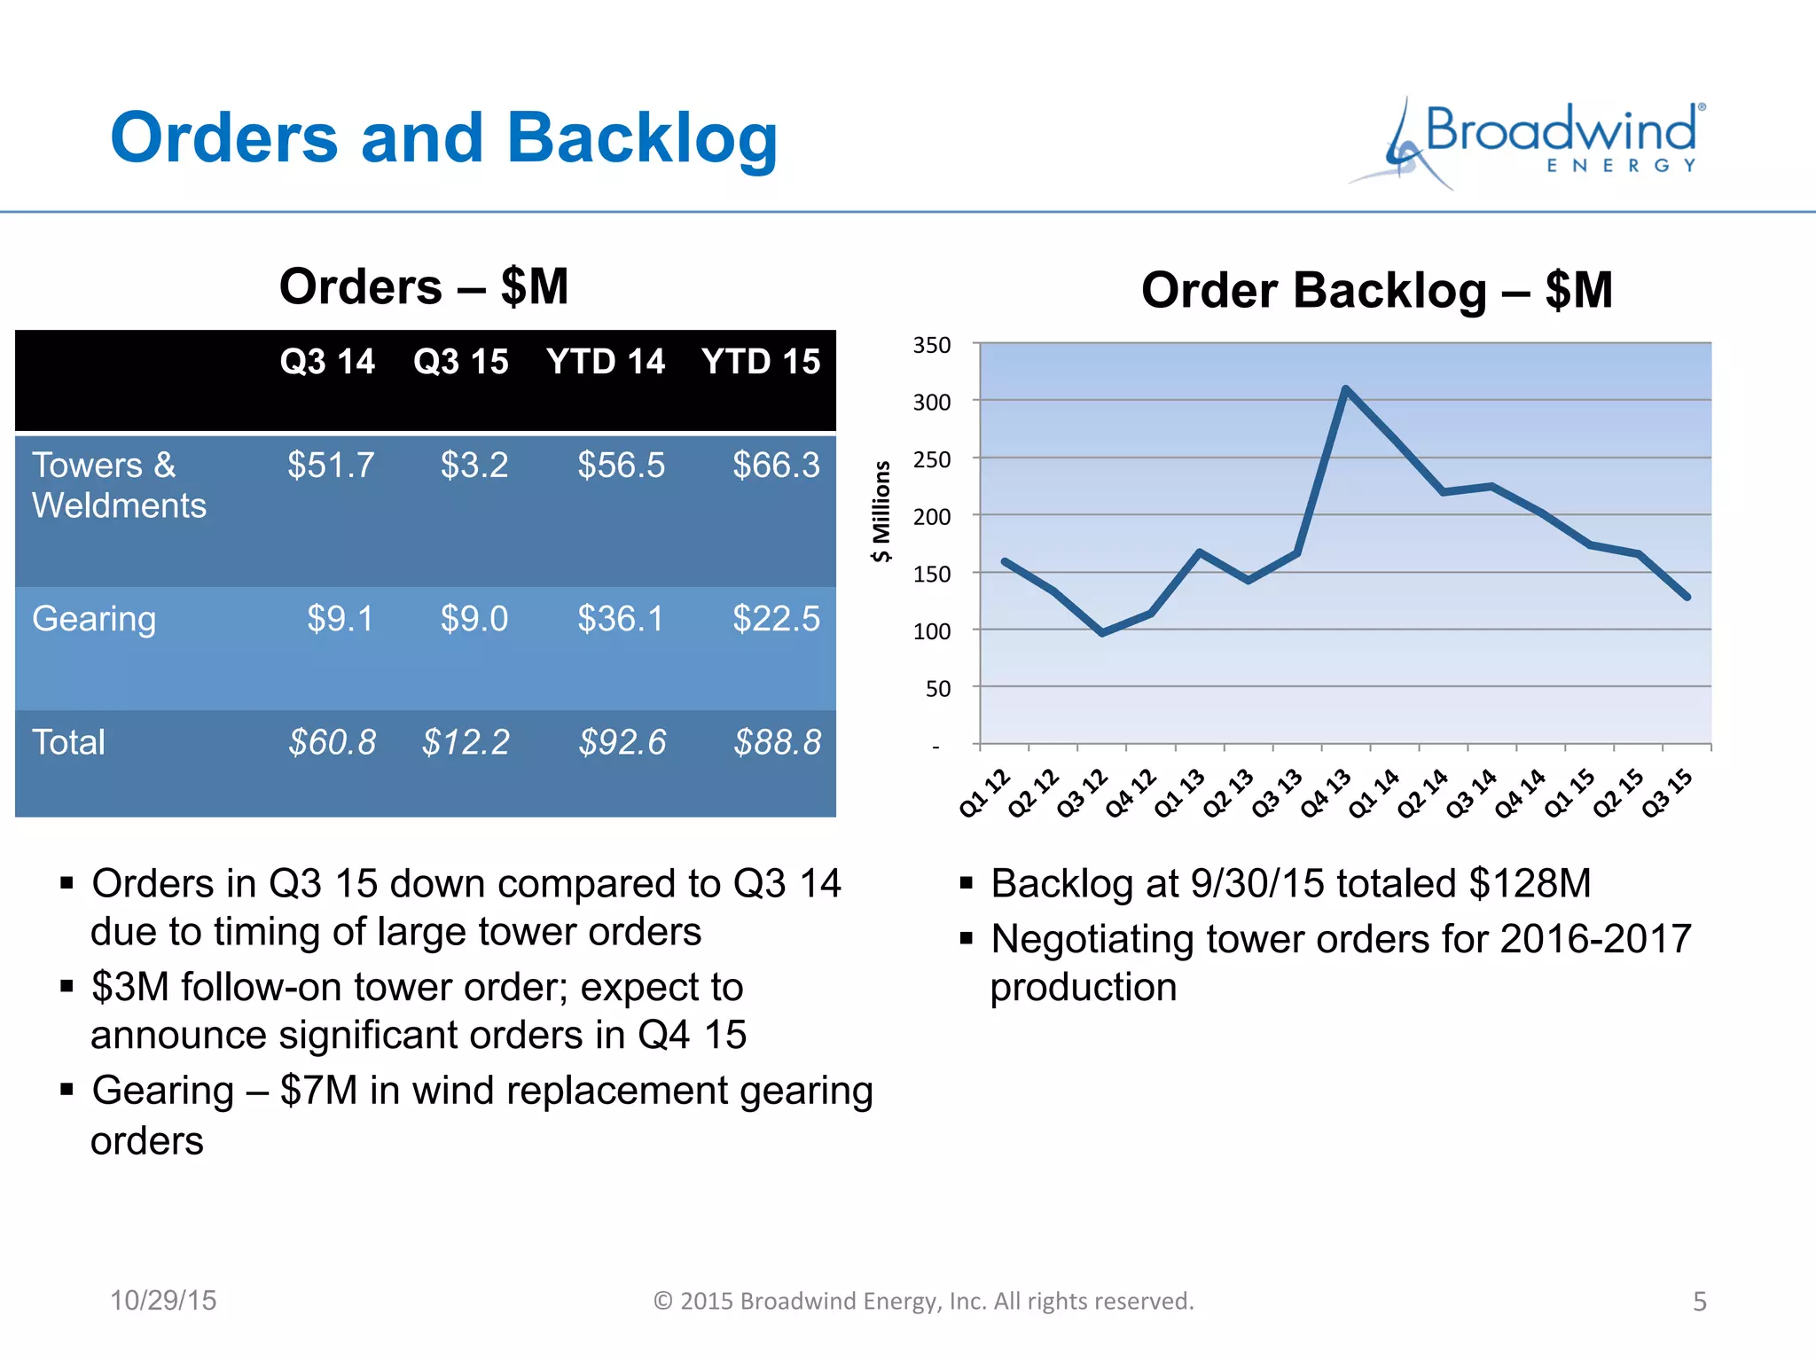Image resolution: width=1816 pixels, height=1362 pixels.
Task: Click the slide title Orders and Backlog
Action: click(x=443, y=138)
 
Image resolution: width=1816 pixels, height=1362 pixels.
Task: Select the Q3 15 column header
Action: click(x=460, y=362)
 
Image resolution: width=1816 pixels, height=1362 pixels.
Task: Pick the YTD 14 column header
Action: click(x=606, y=362)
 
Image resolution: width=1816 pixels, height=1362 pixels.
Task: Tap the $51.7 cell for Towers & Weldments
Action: click(x=331, y=466)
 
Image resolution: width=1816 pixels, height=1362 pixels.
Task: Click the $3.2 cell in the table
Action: click(x=474, y=466)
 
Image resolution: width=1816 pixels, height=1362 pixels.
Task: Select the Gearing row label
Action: click(x=94, y=618)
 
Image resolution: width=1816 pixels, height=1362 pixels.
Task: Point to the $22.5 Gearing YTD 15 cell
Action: click(x=776, y=618)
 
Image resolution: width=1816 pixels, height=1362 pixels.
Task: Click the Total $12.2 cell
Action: click(x=466, y=742)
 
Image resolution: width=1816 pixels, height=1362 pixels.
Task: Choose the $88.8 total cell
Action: click(x=778, y=742)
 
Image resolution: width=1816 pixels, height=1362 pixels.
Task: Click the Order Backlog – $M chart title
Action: click(x=1376, y=290)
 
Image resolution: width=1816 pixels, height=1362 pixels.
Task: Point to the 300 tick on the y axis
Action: click(x=932, y=403)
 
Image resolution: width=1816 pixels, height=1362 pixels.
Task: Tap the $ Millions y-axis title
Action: click(x=881, y=511)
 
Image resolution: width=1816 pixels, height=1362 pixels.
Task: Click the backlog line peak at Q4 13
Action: click(x=1345, y=388)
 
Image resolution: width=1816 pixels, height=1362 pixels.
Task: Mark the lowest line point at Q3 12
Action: click(x=1102, y=633)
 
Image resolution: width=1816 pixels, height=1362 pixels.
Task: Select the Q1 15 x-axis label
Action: click(x=1569, y=794)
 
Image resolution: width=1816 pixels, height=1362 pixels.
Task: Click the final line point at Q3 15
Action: click(x=1687, y=597)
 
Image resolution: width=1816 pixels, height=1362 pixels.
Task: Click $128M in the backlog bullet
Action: click(x=1530, y=884)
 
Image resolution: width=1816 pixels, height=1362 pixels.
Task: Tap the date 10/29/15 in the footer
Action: click(x=163, y=1300)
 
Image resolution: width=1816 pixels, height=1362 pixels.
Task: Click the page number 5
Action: click(x=1699, y=1301)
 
